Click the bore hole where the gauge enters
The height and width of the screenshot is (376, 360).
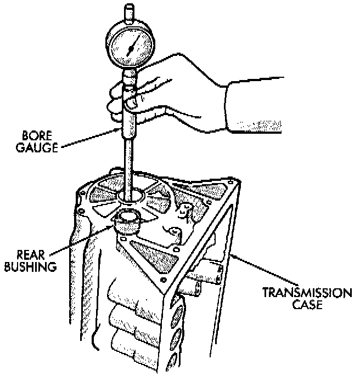(x=130, y=196)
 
